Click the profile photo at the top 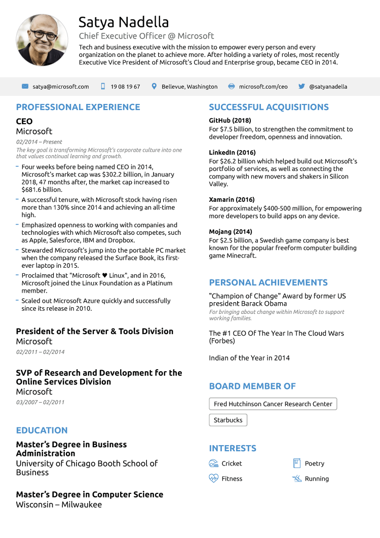[42, 40]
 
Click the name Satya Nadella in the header [124, 22]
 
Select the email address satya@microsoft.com [61, 87]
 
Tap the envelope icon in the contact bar [25, 87]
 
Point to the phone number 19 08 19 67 [125, 87]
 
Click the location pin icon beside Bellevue [154, 87]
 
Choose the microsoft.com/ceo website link [263, 87]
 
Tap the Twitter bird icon [302, 87]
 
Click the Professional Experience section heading [78, 107]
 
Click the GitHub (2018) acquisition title [230, 121]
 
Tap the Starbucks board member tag [228, 420]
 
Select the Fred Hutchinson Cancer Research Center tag [273, 404]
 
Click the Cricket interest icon [213, 463]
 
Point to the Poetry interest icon [297, 463]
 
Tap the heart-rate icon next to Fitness [213, 478]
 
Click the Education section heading [42, 431]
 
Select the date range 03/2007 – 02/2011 [40, 402]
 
